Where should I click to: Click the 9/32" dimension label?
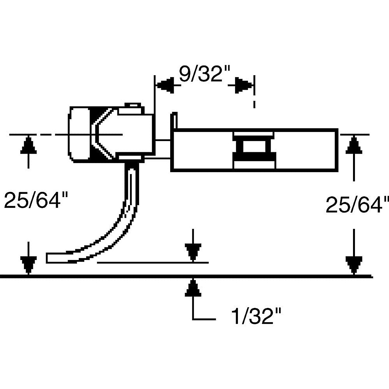click(x=204, y=75)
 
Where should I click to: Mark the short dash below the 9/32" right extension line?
click(x=254, y=104)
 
